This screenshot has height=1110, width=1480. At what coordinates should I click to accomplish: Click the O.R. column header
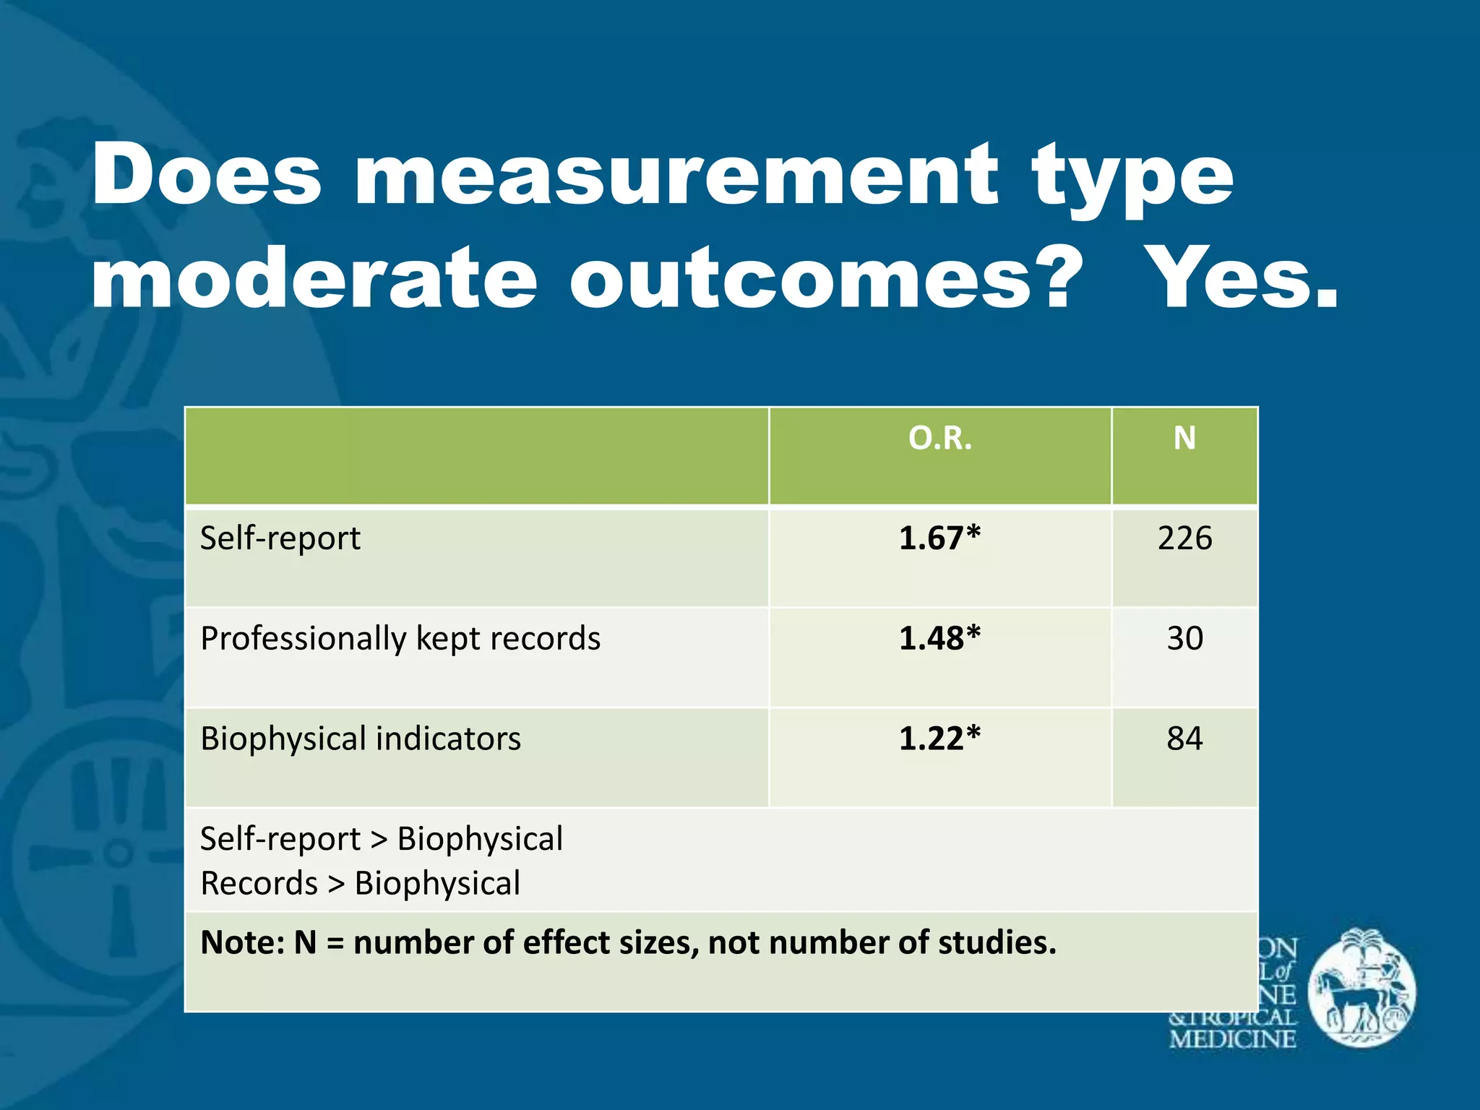[940, 439]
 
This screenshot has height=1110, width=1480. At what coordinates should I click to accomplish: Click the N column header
[1184, 438]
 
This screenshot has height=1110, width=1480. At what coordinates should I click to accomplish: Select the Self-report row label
[280, 538]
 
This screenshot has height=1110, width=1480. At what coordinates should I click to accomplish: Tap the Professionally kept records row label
[400, 639]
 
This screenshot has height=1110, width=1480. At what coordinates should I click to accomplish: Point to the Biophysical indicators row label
[361, 739]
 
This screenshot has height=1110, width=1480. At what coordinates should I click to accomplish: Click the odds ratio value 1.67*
[939, 538]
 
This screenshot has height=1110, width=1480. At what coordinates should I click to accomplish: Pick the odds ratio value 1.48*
[939, 639]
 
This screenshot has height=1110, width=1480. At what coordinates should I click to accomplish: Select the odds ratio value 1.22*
[939, 739]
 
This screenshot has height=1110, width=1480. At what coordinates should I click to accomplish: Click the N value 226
[1184, 538]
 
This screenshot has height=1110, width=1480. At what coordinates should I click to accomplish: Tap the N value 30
[1184, 639]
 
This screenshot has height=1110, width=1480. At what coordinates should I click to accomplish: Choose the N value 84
[1184, 739]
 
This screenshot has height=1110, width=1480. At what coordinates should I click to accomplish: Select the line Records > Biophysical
[361, 884]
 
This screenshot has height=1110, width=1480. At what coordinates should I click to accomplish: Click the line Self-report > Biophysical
[382, 840]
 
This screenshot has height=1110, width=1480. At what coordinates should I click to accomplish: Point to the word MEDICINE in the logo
[1232, 1039]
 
